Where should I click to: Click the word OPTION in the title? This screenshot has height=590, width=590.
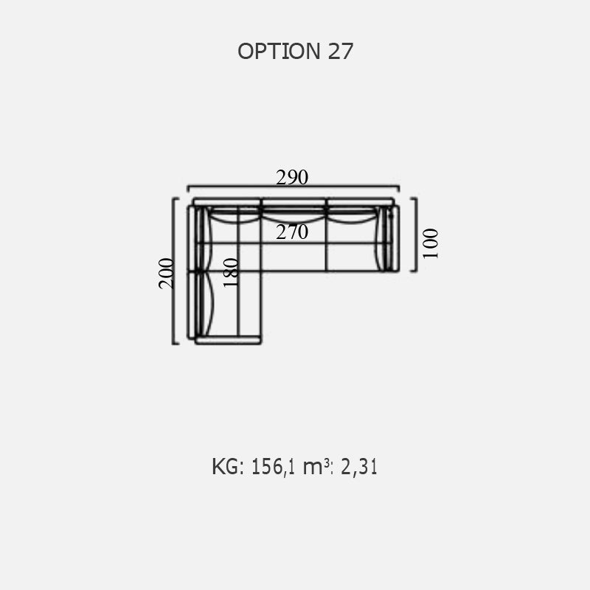[279, 51]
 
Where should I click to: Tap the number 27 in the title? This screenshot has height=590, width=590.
[341, 51]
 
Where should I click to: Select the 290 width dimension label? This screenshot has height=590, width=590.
[292, 177]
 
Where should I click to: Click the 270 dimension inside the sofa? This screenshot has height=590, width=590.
[292, 232]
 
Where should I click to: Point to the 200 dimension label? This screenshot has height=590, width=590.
[167, 274]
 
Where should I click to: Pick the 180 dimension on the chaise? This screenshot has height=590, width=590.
[231, 273]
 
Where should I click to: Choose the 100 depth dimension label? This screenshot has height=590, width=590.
[431, 244]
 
